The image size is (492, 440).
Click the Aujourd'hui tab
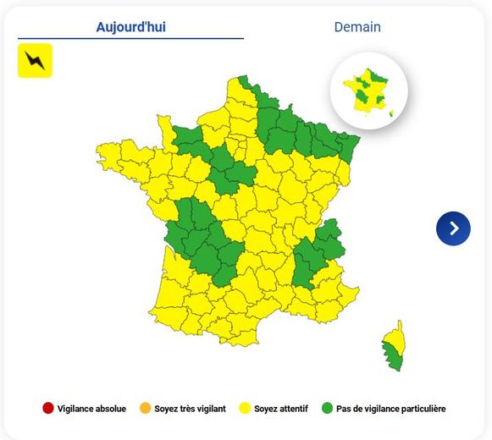tap(130, 27)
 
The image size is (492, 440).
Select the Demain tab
tap(357, 27)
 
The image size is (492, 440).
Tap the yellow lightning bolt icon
tap(35, 61)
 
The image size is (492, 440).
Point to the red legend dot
tap(48, 409)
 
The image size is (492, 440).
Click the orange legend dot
tap(144, 409)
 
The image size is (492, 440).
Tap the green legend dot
tap(327, 409)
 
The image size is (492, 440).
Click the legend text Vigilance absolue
tap(92, 409)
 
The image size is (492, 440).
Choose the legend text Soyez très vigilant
tap(191, 409)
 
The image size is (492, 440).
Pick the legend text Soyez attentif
tap(282, 409)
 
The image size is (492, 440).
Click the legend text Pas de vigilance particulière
tap(391, 409)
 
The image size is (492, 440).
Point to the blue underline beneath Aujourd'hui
tap(130, 38)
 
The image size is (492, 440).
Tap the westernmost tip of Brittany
tap(98, 153)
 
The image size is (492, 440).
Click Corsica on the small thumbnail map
tap(390, 113)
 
